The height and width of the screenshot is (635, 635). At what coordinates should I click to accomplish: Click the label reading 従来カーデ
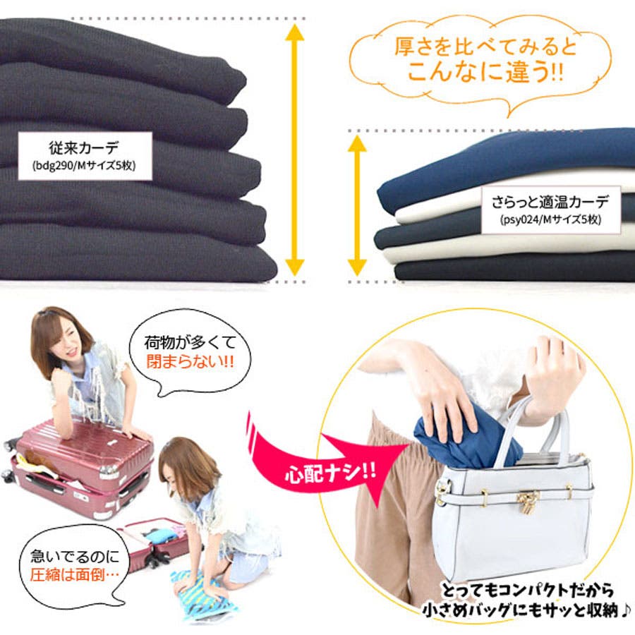[84, 147]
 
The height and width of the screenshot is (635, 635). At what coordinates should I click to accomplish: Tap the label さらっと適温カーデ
[550, 202]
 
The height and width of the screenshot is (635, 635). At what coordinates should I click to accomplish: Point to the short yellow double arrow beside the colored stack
[357, 206]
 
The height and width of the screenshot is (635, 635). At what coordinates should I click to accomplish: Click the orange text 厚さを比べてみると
[485, 47]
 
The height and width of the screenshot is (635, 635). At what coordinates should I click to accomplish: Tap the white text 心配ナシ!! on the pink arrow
[330, 473]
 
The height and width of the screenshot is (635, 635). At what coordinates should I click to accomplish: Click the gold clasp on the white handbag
[528, 500]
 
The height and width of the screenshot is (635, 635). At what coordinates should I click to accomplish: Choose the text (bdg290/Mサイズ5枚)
[84, 166]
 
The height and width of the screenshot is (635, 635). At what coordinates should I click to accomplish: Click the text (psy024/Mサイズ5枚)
[550, 219]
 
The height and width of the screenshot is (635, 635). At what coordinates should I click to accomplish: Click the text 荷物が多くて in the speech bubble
[190, 343]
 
